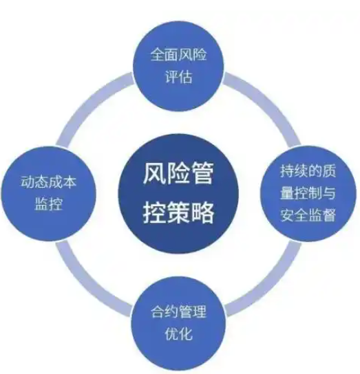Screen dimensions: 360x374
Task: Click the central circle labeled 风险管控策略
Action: pos(178,193)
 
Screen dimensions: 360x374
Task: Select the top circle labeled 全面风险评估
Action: pos(178,66)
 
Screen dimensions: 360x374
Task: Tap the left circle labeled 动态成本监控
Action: pos(48,193)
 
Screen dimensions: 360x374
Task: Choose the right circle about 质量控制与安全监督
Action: pos(308,193)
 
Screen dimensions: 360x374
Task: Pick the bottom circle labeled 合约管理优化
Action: pos(178,324)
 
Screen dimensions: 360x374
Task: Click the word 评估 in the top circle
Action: pos(178,76)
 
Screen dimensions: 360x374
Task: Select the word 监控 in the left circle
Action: pos(48,204)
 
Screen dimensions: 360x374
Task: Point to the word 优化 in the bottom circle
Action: pos(178,333)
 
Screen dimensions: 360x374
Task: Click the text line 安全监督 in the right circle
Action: pos(308,215)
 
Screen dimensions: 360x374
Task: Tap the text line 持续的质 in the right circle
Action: pos(308,170)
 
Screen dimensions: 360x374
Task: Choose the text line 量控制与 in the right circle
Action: pos(308,192)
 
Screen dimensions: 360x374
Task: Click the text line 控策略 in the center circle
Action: pos(178,212)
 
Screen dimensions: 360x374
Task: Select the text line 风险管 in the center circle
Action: pos(178,173)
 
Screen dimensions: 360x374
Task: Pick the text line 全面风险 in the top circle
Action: pos(178,54)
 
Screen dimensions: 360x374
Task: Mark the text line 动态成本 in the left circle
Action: pos(48,182)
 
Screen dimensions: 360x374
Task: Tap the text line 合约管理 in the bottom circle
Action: pos(178,311)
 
